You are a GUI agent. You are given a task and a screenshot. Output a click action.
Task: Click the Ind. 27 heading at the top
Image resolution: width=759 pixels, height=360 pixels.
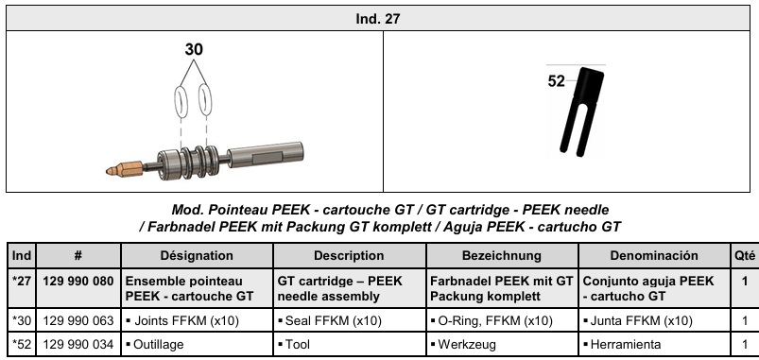[x=377, y=19]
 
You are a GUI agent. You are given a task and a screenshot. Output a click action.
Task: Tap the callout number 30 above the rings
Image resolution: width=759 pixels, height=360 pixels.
[x=194, y=49]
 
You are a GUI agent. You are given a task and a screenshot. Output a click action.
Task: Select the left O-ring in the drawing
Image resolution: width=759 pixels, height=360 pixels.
[x=181, y=102]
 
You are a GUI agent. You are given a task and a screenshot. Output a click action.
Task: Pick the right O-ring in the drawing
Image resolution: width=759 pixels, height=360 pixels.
[x=206, y=100]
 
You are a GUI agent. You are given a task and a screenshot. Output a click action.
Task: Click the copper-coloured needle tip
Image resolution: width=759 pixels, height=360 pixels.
[x=124, y=169]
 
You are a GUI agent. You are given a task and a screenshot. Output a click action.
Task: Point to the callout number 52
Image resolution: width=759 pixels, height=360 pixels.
[x=556, y=81]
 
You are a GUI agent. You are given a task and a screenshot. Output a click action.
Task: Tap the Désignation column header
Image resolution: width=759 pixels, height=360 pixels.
[x=197, y=255]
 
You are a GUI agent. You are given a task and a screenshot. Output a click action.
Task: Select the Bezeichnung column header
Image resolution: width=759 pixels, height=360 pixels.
[x=502, y=255]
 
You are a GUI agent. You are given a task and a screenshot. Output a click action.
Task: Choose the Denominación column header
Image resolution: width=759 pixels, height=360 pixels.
[x=654, y=255]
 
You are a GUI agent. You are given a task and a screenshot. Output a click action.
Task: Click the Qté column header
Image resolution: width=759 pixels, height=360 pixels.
[x=745, y=255]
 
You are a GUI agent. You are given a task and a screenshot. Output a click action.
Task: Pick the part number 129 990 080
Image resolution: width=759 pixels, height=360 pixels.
[x=78, y=282]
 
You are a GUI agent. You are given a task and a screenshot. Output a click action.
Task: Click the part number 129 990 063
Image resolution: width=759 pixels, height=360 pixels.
[x=78, y=320]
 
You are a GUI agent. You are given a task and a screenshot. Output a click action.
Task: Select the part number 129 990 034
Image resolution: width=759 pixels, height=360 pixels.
[x=78, y=345]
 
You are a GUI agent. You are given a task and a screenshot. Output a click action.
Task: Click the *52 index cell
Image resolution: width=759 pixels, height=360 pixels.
[x=22, y=345]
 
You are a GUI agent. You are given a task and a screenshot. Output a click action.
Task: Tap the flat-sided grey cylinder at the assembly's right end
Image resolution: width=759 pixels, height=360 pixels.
[x=266, y=154]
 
